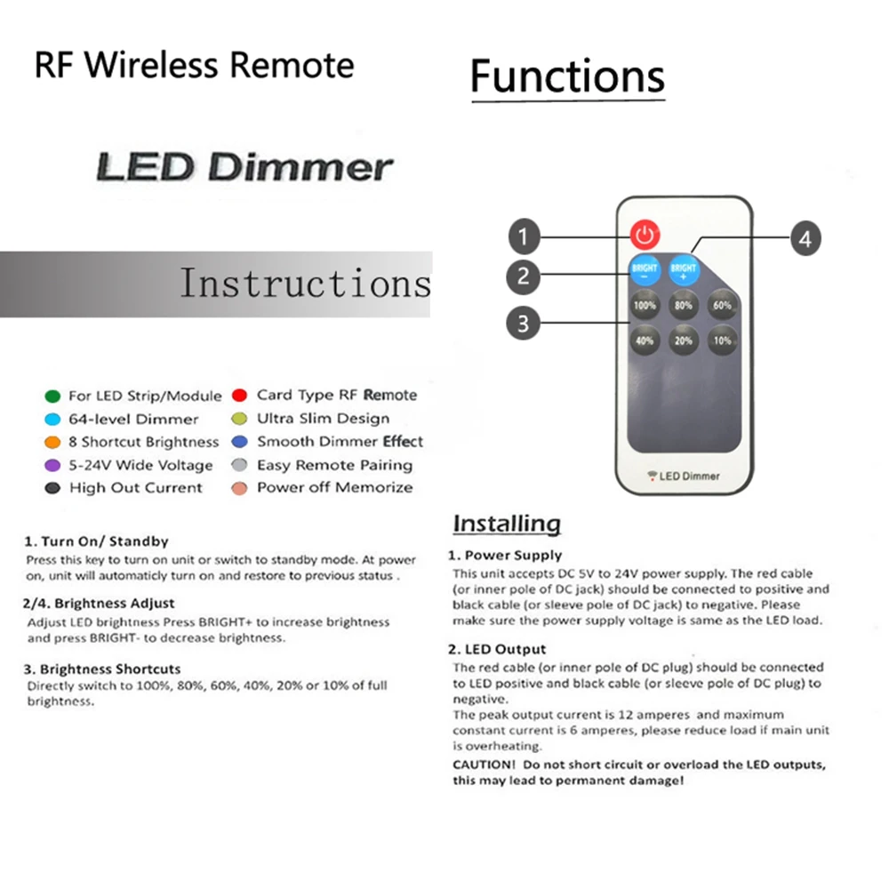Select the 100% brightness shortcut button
pos(645,306)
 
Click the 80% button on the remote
pos(683,306)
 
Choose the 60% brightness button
pos(721,306)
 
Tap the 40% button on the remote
pos(645,340)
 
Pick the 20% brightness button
pos(683,340)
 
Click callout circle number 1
pos(524,237)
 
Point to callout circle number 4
pos(805,238)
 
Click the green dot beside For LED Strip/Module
pos(52,396)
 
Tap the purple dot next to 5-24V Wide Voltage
pos(52,465)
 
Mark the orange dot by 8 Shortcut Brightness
pos(52,442)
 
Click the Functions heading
pos(567,76)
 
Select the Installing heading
pos(507,524)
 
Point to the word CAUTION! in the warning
pos(484,765)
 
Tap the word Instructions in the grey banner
pos(305,284)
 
